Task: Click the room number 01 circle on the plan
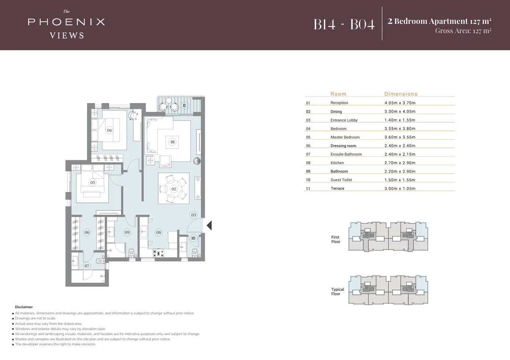pos(172,142)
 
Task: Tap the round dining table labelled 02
pos(174,189)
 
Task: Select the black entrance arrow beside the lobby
pos(209,225)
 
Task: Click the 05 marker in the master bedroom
pos(92,182)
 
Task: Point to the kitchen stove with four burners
pos(158,254)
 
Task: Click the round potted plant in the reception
pos(197,161)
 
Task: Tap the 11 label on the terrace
pos(185,106)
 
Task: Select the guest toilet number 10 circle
pos(193,238)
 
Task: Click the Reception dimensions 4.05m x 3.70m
pos(400,103)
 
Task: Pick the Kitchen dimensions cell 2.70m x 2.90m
pos(400,163)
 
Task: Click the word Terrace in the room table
pos(338,188)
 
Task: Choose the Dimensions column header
pos(401,94)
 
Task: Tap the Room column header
pos(338,94)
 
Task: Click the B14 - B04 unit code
pos(344,24)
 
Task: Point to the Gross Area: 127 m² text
pos(463,31)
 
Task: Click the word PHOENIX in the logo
pos(66,22)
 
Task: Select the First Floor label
pos(336,239)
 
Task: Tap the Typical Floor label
pos(338,292)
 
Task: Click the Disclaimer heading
pos(24,307)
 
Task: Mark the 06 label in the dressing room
pos(87,232)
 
